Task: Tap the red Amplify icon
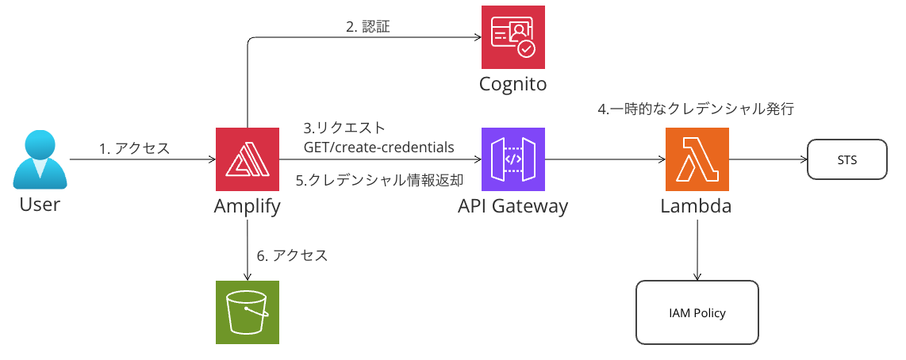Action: pyautogui.click(x=248, y=159)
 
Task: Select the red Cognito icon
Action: pyautogui.click(x=513, y=37)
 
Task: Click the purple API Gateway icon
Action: pyautogui.click(x=513, y=159)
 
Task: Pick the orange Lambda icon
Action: pyautogui.click(x=697, y=159)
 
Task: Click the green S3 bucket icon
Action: pyautogui.click(x=248, y=312)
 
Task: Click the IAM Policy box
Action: pyautogui.click(x=697, y=312)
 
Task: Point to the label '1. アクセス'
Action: pyautogui.click(x=134, y=148)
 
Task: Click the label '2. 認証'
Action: pyautogui.click(x=368, y=27)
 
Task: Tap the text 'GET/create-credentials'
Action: pyautogui.click(x=379, y=147)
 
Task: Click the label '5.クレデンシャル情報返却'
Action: pyautogui.click(x=379, y=181)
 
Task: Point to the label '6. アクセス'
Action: pyautogui.click(x=292, y=255)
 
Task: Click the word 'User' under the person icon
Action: pyautogui.click(x=40, y=205)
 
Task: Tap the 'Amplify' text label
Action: pyautogui.click(x=248, y=207)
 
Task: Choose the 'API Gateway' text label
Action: pyautogui.click(x=513, y=207)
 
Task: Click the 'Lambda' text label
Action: pyautogui.click(x=697, y=207)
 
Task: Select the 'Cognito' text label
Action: pyautogui.click(x=513, y=84)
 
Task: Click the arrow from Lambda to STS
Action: pyautogui.click(x=766, y=160)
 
